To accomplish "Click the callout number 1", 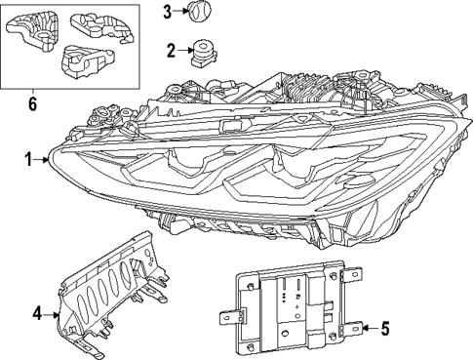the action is (x=29, y=158).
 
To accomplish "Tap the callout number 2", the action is (x=171, y=51).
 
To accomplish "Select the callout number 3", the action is (x=167, y=12).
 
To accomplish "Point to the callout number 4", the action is (x=37, y=314).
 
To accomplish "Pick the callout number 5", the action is (x=384, y=328).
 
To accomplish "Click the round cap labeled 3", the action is (x=201, y=13).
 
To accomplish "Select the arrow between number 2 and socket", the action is (x=184, y=51).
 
